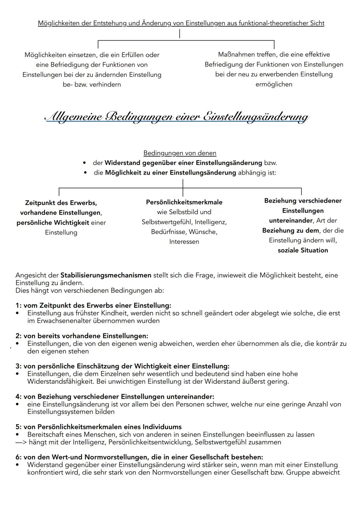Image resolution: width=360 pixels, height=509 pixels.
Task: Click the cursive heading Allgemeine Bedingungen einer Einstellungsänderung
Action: (x=177, y=117)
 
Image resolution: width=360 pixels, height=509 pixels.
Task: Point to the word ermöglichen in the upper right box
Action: (x=274, y=84)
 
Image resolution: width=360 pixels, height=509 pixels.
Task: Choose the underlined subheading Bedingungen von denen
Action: (x=180, y=153)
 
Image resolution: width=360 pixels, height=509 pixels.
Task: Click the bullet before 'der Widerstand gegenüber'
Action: (x=85, y=163)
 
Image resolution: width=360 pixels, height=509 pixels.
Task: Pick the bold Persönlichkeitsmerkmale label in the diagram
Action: (x=184, y=202)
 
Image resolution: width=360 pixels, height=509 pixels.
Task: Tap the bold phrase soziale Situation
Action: (x=303, y=250)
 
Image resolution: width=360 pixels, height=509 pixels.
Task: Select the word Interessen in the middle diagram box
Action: (x=184, y=242)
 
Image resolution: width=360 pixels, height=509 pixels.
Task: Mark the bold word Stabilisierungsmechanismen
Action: (x=106, y=275)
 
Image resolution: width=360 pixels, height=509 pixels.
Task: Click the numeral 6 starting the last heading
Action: (x=18, y=457)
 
